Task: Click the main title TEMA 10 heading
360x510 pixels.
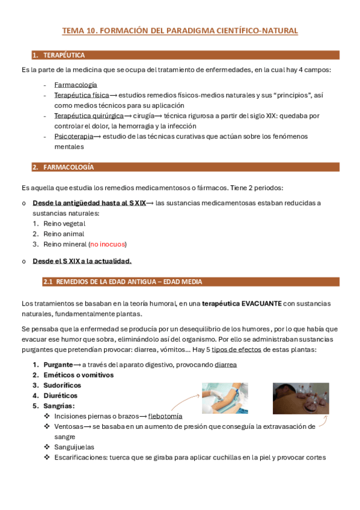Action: [180, 30]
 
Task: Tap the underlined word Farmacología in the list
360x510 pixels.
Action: [75, 85]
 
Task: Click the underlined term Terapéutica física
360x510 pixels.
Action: [81, 95]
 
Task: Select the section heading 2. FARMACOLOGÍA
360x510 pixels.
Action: [63, 167]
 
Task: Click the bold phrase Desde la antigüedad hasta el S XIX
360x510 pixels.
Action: [89, 203]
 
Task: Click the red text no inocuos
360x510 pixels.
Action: [108, 244]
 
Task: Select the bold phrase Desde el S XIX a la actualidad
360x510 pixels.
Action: [82, 260]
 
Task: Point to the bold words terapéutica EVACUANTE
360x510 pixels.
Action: [242, 304]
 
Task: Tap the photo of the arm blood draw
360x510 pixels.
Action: [225, 398]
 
